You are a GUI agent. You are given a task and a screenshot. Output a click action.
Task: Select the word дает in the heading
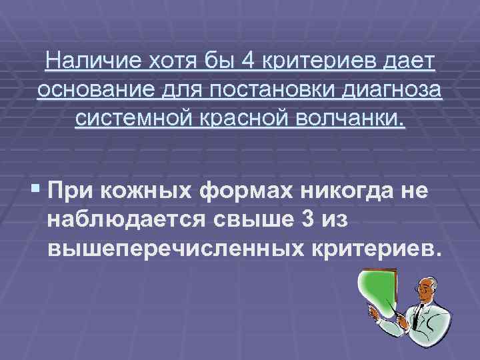(x=409, y=63)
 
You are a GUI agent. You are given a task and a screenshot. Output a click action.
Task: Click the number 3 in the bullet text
(x=313, y=221)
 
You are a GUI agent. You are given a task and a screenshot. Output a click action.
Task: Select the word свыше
(x=244, y=221)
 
